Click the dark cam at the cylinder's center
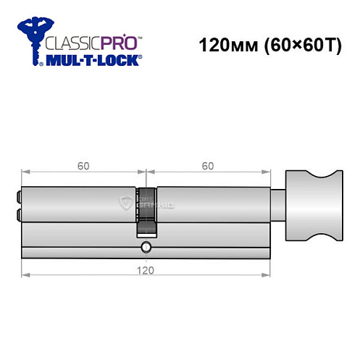[146, 210]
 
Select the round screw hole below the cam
[146, 248]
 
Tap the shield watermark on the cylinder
[126, 203]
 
